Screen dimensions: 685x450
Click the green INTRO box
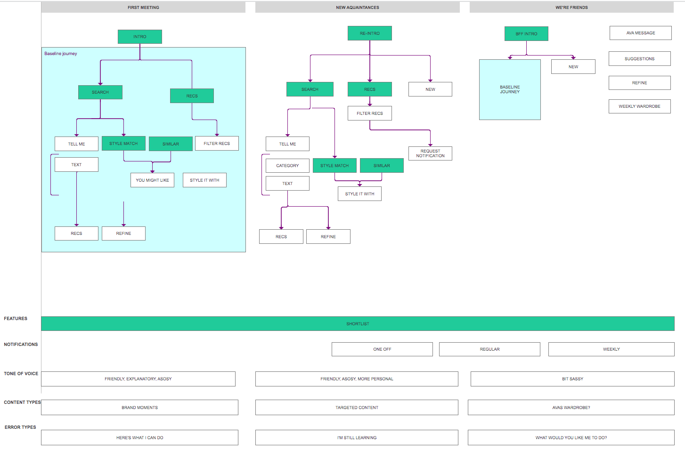click(140, 37)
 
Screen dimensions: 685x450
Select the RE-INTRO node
click(370, 33)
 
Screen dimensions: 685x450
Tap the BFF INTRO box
click(526, 33)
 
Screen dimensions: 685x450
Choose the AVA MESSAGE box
click(641, 33)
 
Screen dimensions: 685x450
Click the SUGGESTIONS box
click(640, 59)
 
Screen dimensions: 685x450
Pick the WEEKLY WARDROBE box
click(640, 106)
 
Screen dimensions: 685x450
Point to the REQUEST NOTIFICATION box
click(430, 153)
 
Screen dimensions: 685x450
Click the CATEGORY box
click(287, 166)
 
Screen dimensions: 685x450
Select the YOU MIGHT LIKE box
click(152, 180)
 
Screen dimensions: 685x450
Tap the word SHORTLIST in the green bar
click(358, 324)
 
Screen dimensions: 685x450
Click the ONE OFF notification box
click(382, 349)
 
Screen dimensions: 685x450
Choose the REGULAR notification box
click(489, 349)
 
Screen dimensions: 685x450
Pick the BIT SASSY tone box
click(572, 379)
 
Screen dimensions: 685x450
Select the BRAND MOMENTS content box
click(140, 408)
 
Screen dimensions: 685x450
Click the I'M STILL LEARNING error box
click(357, 438)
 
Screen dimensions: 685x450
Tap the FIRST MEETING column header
click(143, 8)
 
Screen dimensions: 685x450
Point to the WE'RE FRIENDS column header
click(571, 8)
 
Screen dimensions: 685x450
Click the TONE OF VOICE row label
click(21, 374)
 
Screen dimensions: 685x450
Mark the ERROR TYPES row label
click(20, 427)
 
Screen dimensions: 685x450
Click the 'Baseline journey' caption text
click(61, 54)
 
